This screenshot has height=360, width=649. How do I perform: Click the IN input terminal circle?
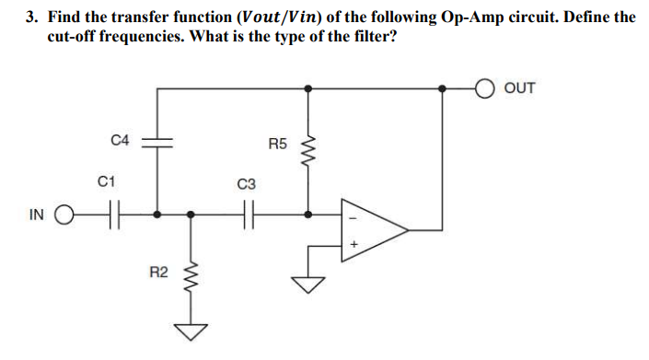coord(64,216)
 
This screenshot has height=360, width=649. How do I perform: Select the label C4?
coord(120,140)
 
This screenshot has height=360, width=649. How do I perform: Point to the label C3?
coord(244,184)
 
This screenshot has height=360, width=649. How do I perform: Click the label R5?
coord(278,144)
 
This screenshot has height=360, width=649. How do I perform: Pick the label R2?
coord(158,272)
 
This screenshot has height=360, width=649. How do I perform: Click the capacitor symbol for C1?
coord(112,216)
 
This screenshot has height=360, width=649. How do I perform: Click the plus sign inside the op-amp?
coord(352,246)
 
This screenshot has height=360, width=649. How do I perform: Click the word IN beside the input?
coord(36,216)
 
